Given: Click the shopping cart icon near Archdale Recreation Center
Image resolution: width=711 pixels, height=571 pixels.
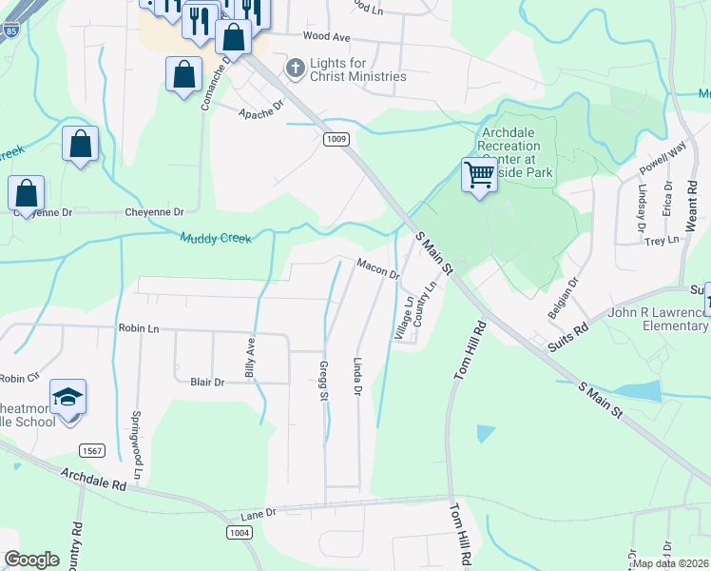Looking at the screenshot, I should [479, 174].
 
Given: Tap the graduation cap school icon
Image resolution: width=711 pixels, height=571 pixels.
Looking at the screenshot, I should [68, 396].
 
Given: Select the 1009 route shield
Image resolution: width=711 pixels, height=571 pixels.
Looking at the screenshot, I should [335, 139].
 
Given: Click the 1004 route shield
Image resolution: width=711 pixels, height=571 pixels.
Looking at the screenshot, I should [239, 533].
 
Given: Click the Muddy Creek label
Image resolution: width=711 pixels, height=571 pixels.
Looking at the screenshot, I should [216, 238].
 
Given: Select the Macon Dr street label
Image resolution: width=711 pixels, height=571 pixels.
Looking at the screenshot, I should [378, 269].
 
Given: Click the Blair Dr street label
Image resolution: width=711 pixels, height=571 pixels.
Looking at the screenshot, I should [206, 382].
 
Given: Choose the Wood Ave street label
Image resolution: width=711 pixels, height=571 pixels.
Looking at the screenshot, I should [327, 36].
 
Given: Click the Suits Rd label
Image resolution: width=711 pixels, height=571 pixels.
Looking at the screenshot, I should [567, 337].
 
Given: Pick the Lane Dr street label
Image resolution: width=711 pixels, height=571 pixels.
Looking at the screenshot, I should [258, 512].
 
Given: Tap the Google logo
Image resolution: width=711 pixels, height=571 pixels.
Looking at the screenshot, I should [32, 560].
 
